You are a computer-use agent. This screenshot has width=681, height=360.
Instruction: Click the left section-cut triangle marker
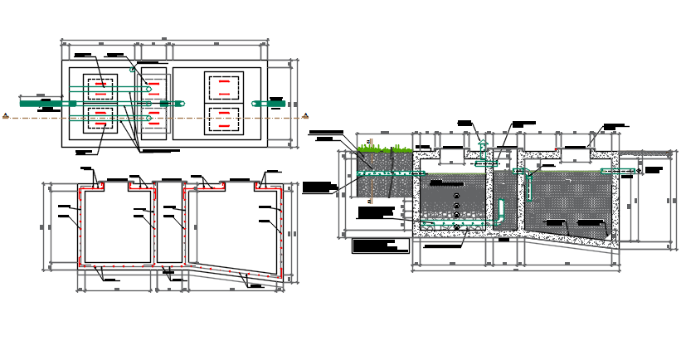tap(6, 116)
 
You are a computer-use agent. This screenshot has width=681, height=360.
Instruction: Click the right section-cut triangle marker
tap(305, 116)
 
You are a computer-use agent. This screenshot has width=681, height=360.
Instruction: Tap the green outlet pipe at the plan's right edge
tap(269, 104)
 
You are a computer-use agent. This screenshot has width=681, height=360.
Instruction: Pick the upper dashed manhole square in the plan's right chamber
tap(224, 87)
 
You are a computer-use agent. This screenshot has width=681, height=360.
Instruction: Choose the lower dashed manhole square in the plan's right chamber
tap(224, 119)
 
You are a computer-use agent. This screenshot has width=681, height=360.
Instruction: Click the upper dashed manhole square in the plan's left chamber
tap(100, 88)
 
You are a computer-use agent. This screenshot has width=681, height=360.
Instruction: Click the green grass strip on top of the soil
tap(385, 150)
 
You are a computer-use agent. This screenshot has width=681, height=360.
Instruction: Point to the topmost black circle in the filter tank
tap(456, 197)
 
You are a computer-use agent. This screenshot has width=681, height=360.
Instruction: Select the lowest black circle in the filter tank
tap(456, 226)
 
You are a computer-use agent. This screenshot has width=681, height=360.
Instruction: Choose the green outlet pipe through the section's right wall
tap(619, 171)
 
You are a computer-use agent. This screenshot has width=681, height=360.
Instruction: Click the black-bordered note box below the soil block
tap(380, 246)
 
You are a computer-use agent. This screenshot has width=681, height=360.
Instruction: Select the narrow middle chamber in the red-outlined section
tap(170, 224)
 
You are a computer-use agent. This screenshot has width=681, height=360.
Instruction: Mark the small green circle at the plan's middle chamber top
tap(132, 70)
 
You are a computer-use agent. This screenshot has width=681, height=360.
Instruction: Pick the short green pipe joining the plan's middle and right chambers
tap(173, 104)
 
